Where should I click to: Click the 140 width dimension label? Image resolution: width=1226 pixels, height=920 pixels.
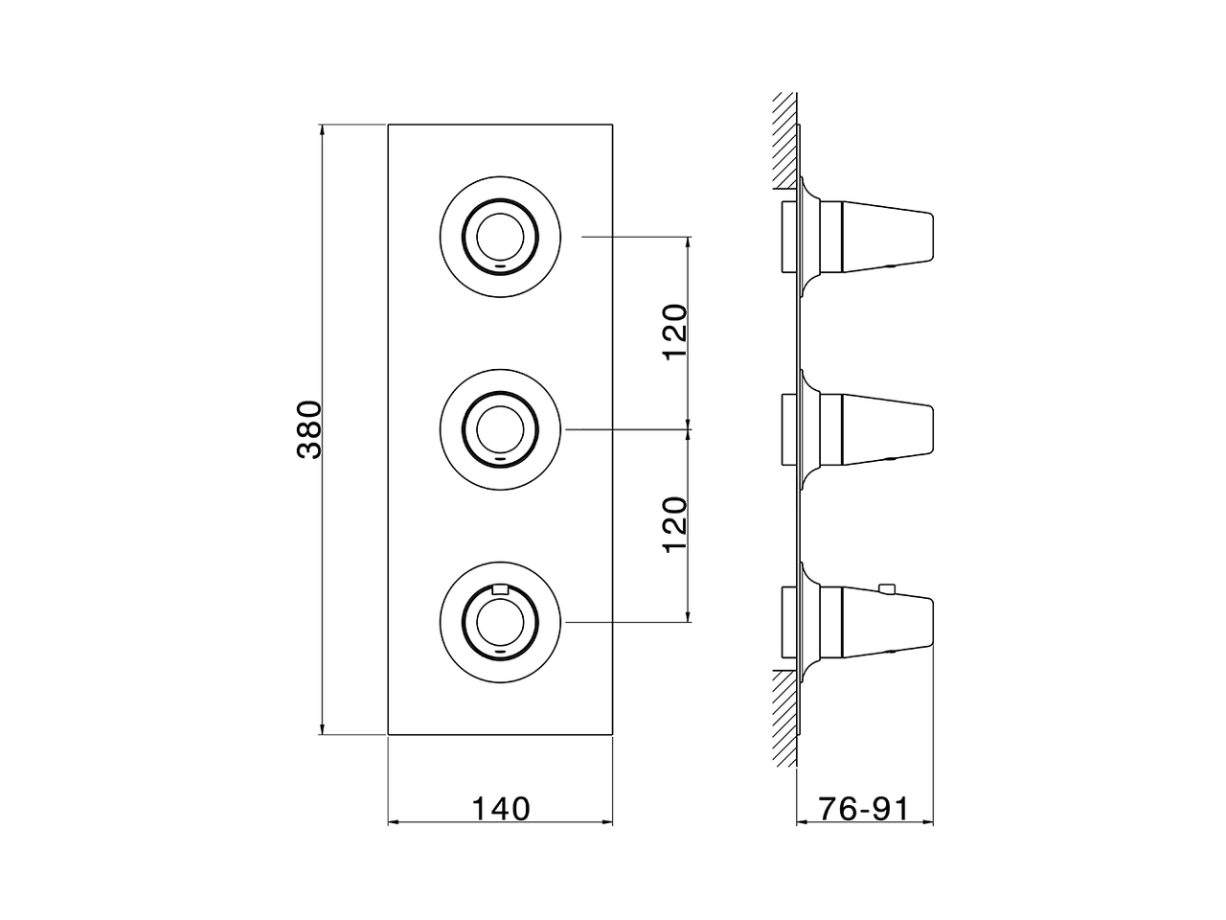coord(500,809)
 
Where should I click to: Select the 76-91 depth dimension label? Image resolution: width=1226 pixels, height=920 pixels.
coord(864,809)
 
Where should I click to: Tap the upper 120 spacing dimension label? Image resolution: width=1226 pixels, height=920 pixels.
coord(676,332)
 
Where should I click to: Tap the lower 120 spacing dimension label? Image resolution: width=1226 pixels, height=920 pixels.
coord(676,523)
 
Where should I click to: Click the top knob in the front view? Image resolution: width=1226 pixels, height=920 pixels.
coord(500,236)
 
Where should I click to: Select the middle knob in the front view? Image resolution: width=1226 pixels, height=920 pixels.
coord(500,427)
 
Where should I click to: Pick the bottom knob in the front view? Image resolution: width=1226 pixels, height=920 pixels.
coord(500,620)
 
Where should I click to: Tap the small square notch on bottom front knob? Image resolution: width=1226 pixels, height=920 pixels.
coord(498,589)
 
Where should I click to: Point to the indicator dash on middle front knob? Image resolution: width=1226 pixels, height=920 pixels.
coord(500,457)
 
